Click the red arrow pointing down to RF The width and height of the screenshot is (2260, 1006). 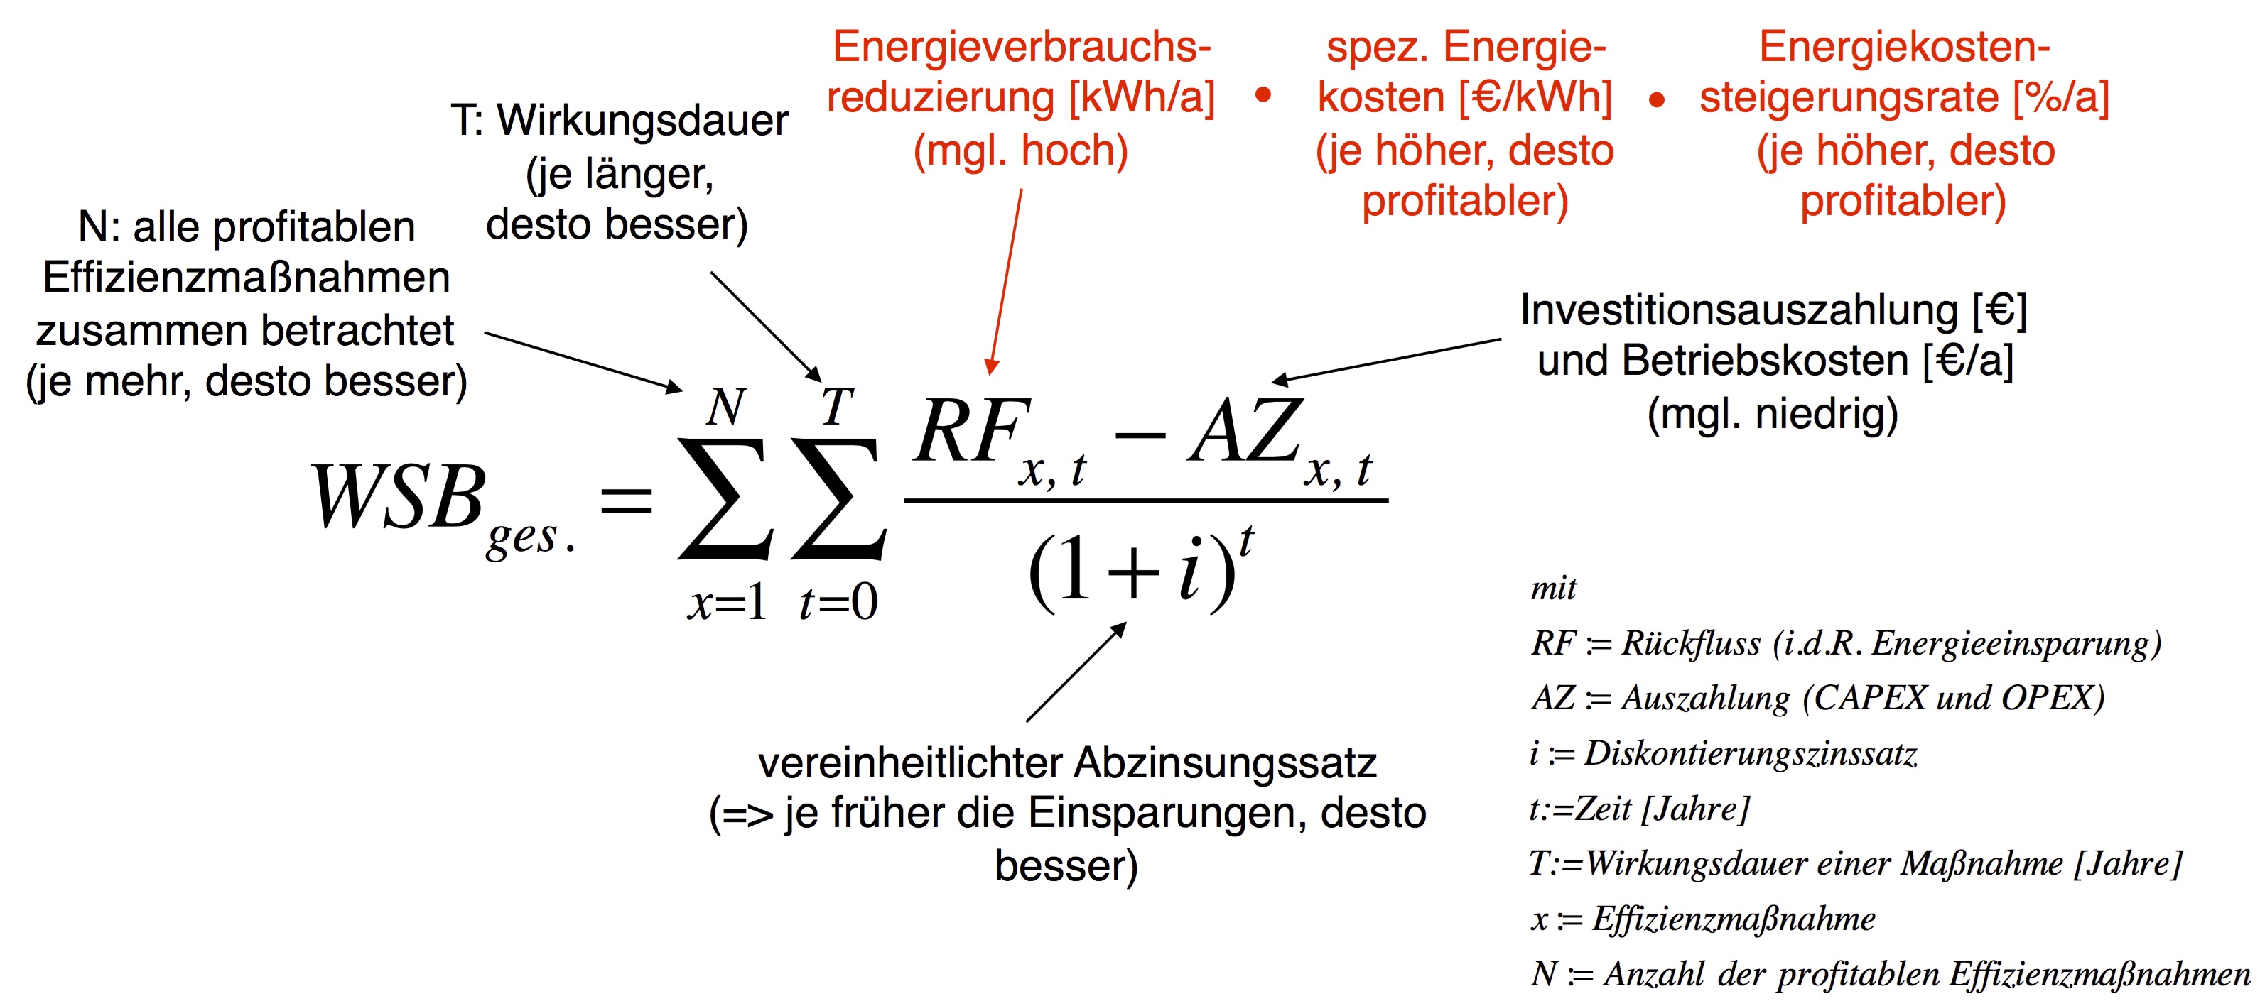point(1005,280)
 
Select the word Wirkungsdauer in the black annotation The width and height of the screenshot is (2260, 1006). point(642,120)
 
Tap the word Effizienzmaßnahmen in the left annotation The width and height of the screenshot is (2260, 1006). point(246,278)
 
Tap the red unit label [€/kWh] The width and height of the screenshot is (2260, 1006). point(1535,97)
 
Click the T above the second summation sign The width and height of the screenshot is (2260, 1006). point(836,407)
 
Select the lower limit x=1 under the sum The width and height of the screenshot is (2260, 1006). point(728,603)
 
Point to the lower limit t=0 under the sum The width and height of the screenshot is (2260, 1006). point(838,603)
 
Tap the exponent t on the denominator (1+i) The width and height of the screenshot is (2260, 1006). point(1246,540)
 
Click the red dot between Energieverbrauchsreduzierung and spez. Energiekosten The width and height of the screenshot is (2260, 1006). point(1263,94)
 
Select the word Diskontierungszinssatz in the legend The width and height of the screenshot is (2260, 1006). point(1751,753)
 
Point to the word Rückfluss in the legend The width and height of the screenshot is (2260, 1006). point(1689,643)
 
